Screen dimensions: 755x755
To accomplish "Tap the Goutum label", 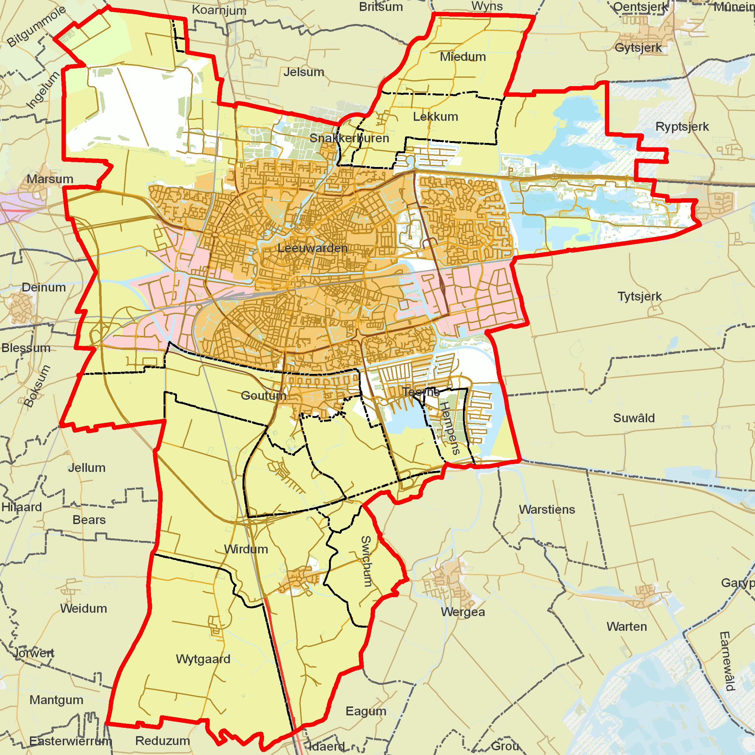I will pos(263,395).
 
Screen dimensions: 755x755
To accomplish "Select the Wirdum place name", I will pos(246,549).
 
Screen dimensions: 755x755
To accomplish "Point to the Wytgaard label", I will pos(203,659).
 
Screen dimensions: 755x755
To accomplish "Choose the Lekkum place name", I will pos(435,116).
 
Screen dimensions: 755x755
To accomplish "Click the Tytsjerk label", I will pos(640,296).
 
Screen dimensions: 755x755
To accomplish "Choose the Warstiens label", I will pos(547,510).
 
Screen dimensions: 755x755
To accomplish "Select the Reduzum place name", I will pos(163,741).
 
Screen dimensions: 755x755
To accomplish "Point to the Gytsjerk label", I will pos(638,48).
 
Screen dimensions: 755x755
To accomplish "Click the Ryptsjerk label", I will pos(682,127).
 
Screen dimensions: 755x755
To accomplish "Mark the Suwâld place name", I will pos(634,418).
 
